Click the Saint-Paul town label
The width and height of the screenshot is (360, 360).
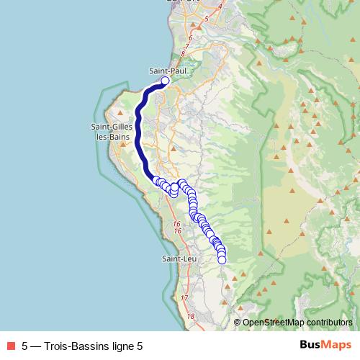164,71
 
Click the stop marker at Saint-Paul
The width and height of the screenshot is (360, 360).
165,81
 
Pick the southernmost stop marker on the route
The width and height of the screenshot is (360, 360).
222,260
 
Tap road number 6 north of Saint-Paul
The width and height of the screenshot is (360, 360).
190,37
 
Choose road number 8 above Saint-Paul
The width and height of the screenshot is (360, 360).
184,53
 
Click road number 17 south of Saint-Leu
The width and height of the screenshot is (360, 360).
184,297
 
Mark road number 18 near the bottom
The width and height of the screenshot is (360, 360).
191,316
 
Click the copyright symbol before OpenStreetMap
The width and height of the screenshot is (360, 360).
238,323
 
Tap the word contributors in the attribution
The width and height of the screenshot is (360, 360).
328,323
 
